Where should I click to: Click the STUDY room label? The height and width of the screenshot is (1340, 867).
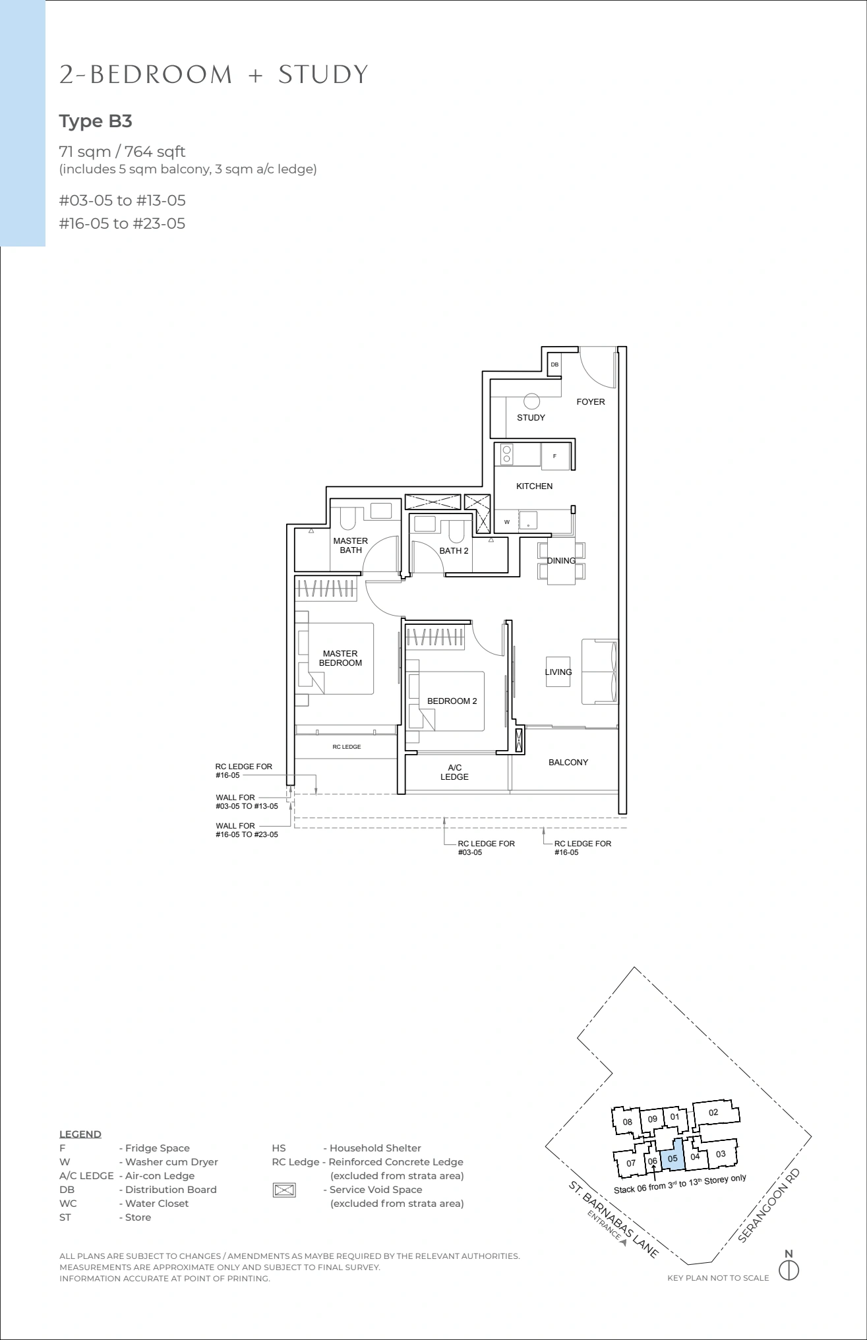(531, 417)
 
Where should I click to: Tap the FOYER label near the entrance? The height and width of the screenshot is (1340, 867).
(590, 401)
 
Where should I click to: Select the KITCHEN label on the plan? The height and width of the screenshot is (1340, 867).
(534, 486)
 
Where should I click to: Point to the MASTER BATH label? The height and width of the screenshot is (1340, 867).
(351, 546)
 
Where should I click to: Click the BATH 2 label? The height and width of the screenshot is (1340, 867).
(454, 550)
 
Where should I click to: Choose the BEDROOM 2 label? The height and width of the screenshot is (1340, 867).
(452, 701)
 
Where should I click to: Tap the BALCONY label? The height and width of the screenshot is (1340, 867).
(568, 762)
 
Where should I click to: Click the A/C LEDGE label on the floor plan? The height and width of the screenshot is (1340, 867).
(454, 772)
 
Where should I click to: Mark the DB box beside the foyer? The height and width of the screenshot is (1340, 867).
(554, 364)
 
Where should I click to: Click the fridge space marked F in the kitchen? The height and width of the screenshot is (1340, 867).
(555, 456)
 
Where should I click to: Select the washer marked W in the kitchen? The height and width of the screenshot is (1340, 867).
(507, 521)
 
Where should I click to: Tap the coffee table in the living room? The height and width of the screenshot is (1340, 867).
(558, 672)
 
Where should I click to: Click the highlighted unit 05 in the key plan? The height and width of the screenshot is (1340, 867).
(673, 1157)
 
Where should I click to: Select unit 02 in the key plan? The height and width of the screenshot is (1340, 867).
(713, 1112)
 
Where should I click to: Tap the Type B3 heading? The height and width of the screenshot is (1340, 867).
(96, 121)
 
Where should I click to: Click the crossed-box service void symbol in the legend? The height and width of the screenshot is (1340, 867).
(284, 1190)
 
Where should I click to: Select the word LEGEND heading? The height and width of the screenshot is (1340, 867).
(80, 1134)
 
